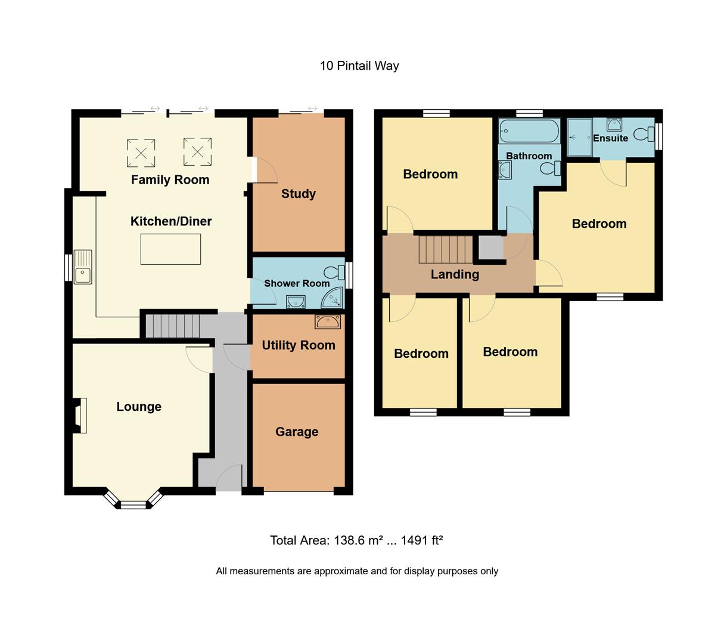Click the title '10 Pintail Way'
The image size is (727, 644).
359,66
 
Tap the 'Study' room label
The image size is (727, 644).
299,194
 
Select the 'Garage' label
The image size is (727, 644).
297,432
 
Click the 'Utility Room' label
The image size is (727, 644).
299,345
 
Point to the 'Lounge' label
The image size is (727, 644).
139,407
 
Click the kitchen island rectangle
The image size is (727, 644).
170,249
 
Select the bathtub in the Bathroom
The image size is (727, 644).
529,131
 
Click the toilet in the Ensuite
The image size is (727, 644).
644,134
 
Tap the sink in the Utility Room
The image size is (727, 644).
328,322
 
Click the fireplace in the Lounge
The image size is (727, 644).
79,415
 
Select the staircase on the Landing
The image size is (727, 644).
445,249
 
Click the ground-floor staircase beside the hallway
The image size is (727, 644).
172,326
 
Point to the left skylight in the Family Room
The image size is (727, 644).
141,153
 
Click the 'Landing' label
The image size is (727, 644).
455,274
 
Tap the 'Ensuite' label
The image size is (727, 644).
610,138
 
